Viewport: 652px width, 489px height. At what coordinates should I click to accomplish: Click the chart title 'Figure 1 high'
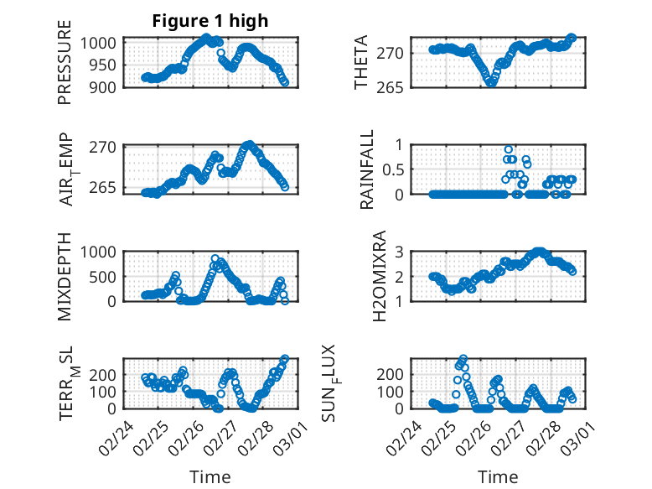[x=210, y=22]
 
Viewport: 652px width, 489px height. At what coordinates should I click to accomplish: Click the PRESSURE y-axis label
[x=65, y=68]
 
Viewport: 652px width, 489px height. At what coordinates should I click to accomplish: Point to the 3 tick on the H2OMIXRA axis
[x=404, y=252]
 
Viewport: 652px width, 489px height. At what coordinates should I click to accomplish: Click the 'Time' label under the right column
[x=498, y=477]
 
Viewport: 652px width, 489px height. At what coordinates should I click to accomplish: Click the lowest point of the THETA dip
[x=491, y=82]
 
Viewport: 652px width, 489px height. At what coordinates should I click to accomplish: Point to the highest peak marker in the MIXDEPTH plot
[x=215, y=259]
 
